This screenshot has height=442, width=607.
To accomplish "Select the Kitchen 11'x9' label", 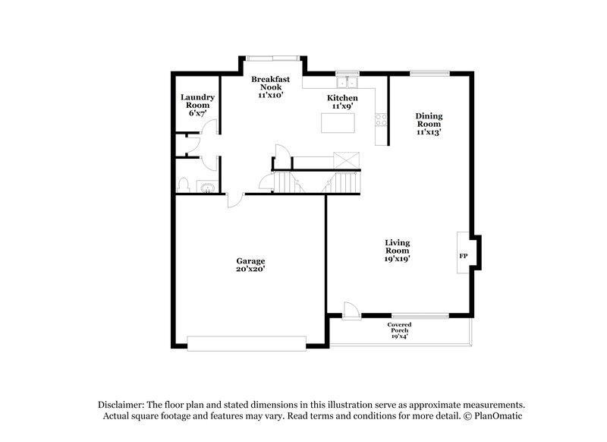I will (342, 103).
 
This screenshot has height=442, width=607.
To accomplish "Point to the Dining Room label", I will (428, 124).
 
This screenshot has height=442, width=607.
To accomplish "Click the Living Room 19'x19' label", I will (397, 250).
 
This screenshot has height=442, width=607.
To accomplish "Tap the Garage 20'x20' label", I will (250, 264).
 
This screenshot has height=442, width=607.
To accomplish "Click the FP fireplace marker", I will (462, 256).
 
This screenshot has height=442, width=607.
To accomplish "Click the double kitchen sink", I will (348, 82).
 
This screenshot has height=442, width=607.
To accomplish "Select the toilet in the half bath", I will (184, 184).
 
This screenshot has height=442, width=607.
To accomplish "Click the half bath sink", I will (206, 185).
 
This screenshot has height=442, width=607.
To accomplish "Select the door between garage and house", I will (235, 199).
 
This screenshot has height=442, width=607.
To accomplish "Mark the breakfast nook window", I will (273, 56).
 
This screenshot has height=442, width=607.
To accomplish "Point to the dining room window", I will (429, 74).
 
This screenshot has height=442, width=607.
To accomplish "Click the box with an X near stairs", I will (348, 159).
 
